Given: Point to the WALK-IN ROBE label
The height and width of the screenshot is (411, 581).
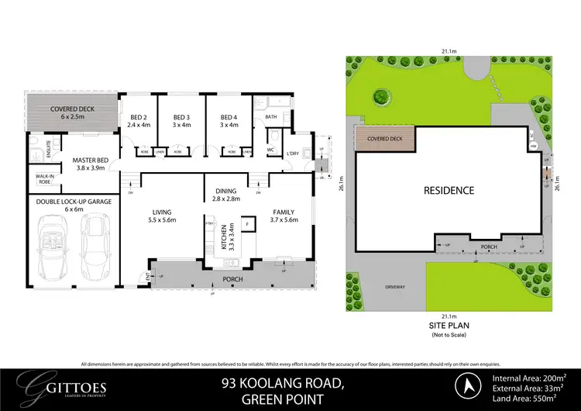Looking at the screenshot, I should coord(45,179).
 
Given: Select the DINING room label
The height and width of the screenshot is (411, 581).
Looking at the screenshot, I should coord(226,190).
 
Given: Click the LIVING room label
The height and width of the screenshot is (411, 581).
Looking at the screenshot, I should coord(161,211).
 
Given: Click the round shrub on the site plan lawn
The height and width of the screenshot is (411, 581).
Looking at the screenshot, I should coord(380,97).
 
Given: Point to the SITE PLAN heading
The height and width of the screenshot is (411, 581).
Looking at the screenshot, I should coord(449,325).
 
